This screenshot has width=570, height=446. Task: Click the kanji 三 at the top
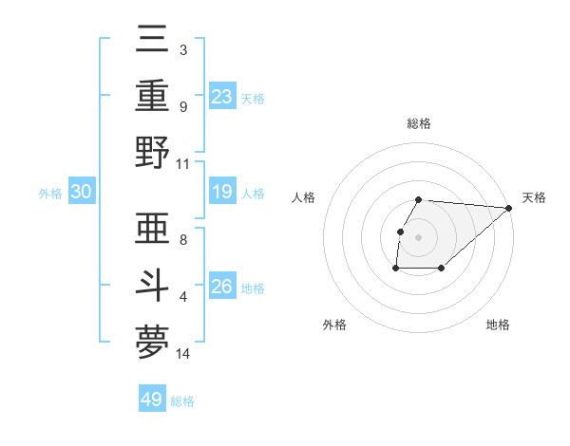point(153,42)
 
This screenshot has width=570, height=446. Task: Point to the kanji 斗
point(153,288)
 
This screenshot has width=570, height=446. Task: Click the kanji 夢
point(153,343)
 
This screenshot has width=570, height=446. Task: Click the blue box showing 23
point(222,96)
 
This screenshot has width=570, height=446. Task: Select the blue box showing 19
point(222,192)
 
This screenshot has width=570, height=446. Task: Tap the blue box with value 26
point(222,287)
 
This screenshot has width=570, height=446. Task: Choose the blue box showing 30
point(82,192)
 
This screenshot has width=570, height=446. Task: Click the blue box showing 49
point(152,400)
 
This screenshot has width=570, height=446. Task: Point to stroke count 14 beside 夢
point(183,354)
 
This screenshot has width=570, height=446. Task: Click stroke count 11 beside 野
point(183,163)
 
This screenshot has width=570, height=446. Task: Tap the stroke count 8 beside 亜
point(183,240)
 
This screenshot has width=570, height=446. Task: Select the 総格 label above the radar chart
point(419,123)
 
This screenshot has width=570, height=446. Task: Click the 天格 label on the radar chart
point(534,197)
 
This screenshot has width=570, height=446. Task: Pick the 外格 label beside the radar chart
point(334,325)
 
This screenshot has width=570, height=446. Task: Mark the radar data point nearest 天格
point(509,208)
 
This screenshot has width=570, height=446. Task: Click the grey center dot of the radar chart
point(419,237)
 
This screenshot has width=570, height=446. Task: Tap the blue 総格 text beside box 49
point(183,401)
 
